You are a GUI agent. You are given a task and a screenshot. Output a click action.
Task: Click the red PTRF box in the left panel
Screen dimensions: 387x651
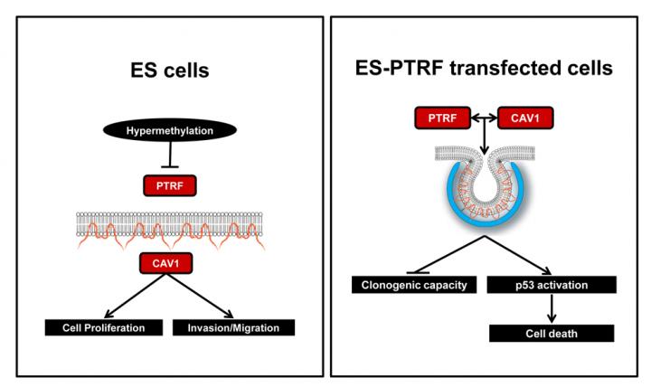(x=168, y=186)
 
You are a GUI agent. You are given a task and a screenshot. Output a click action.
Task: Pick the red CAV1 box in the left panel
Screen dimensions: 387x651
(x=168, y=264)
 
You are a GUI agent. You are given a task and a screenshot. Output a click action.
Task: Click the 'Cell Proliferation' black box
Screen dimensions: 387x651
(x=105, y=326)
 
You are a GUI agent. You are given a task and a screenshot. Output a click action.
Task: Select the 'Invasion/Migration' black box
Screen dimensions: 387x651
(x=233, y=326)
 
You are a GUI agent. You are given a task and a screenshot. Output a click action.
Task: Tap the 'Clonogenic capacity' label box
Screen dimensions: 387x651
(x=411, y=286)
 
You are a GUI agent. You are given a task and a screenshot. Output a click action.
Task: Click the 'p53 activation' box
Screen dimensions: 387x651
(x=552, y=286)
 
